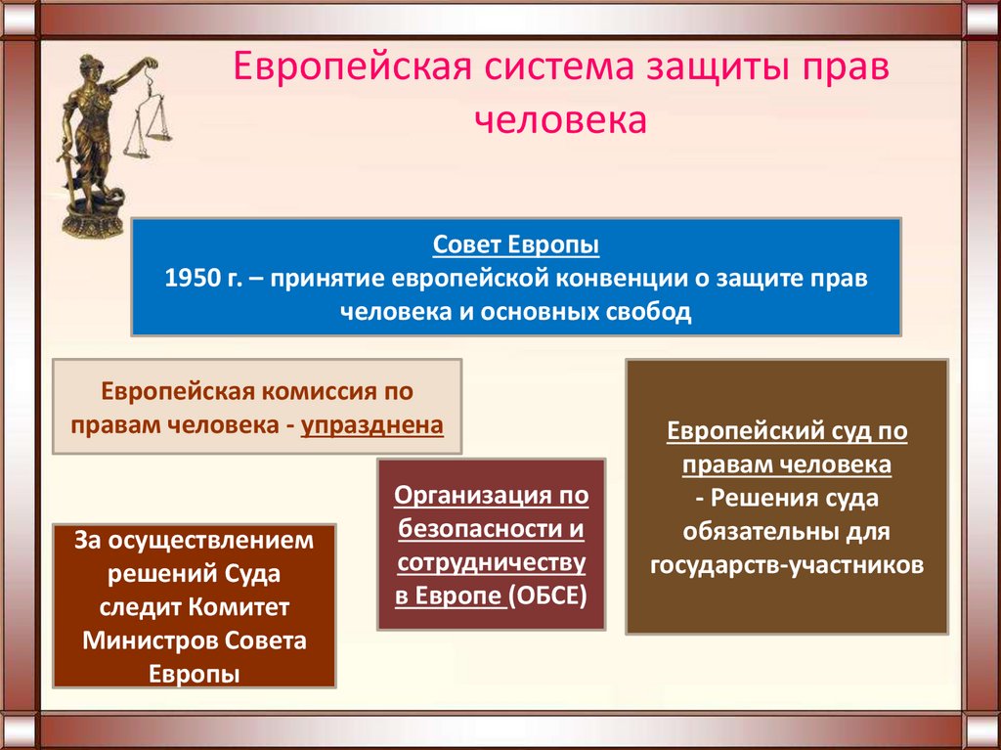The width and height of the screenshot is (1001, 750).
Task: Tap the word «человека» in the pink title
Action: point(561,121)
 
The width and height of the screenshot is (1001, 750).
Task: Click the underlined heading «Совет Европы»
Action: point(515,243)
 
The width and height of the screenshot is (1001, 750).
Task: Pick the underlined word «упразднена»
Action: point(372,425)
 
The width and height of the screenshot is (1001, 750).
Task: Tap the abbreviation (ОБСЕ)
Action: point(549,596)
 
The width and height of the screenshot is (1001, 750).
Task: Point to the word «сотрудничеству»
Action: point(492,563)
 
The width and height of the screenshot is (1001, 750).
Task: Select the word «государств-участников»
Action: point(786,566)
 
